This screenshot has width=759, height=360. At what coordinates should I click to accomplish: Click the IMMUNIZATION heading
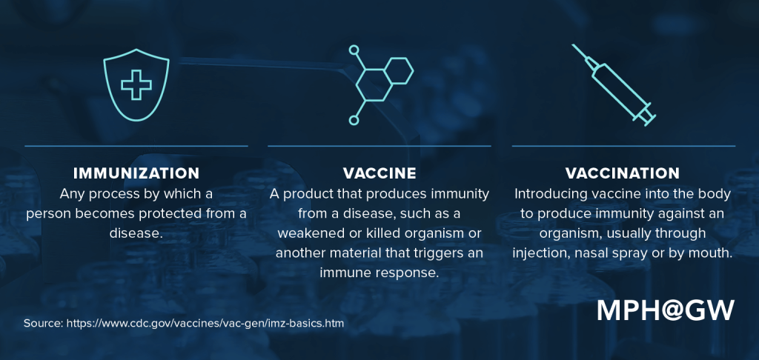point(136,173)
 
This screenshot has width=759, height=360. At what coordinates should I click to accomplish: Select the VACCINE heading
point(379,173)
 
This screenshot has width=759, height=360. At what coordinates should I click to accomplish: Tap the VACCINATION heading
point(623,173)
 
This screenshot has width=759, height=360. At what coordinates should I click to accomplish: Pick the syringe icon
point(614,83)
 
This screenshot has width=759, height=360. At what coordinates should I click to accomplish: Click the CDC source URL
point(205,324)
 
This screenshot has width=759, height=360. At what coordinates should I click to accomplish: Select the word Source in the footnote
point(42,324)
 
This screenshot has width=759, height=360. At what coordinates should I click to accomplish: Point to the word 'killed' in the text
point(386,233)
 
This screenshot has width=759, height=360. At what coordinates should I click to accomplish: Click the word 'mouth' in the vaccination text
point(711,253)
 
